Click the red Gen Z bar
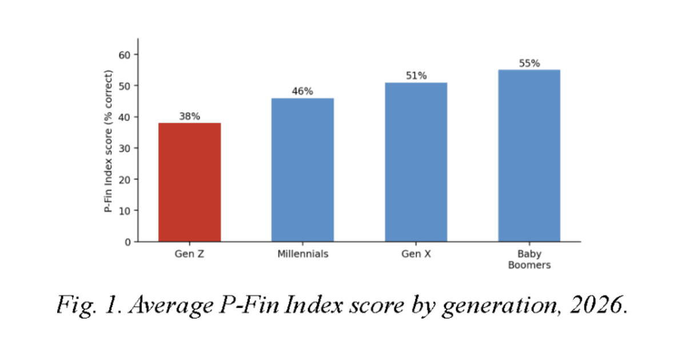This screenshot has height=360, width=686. pos(190,182)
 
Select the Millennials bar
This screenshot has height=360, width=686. pos(302,170)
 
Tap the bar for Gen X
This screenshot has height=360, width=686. pos(416,162)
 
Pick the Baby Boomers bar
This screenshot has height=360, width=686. pos(529,156)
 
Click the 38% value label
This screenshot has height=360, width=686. pos(190,117)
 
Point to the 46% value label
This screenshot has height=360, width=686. pos(302,91)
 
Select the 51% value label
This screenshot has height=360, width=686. pos(416,75)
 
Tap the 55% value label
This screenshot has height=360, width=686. pos(529,63)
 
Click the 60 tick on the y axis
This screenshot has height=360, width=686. pos(125,55)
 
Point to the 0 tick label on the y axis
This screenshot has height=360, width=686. pos(127,242)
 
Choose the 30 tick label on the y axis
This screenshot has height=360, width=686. pos(125,149)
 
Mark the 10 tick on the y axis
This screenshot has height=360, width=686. pos(125,211)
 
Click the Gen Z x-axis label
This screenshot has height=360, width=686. pos(189,254)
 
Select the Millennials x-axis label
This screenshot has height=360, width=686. pos(303,254)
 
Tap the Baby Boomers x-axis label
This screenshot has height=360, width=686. pos(529,259)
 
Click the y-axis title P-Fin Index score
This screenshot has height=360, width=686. pos(108,141)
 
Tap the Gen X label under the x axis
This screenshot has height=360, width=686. pos(416,254)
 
